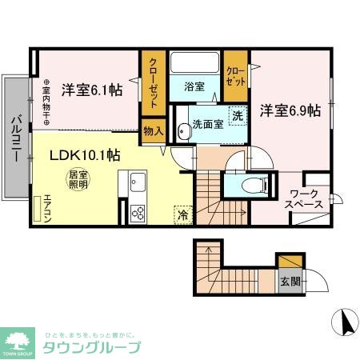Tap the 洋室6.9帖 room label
click(x=290, y=110)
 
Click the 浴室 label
click(x=194, y=86)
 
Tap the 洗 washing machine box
click(x=238, y=115)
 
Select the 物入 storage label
click(x=153, y=130)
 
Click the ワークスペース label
click(x=306, y=198)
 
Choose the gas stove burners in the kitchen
click(x=137, y=212)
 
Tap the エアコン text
click(x=48, y=205)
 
